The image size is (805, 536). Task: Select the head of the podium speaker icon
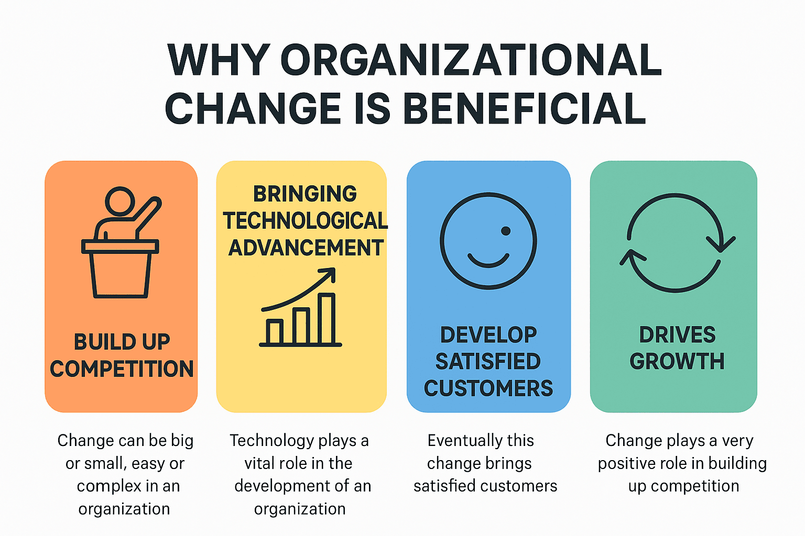(120, 201)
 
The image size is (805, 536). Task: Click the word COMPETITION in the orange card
(122, 369)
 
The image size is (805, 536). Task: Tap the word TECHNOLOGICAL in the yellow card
(305, 221)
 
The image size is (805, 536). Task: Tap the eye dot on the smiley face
(506, 231)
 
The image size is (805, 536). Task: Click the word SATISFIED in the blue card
(488, 362)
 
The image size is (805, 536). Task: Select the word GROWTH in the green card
(677, 362)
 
